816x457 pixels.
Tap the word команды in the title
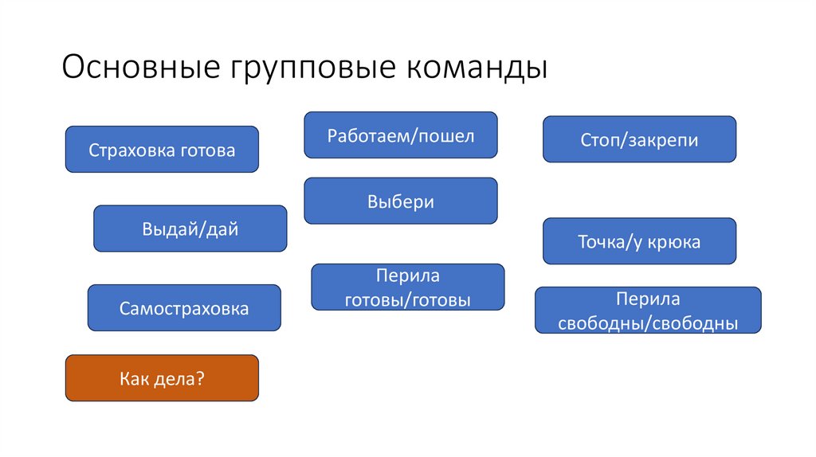tap(479, 68)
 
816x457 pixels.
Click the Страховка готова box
tap(162, 149)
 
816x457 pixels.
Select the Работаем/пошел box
tap(400, 135)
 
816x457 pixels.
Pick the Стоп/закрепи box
tap(639, 139)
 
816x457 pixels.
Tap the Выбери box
tap(400, 201)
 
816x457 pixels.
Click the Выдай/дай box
tap(190, 228)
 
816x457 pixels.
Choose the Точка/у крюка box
tap(639, 241)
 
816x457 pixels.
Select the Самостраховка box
tap(184, 308)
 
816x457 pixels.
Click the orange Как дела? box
tap(162, 378)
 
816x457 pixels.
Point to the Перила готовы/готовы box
tap(407, 287)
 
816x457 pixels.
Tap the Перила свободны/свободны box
tap(647, 311)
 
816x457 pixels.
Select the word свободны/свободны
tap(647, 323)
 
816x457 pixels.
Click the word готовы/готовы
tap(407, 300)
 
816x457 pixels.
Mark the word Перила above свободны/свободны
tap(647, 299)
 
